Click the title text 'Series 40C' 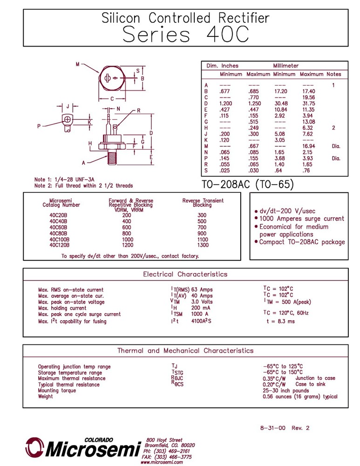185,34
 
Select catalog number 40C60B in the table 58,227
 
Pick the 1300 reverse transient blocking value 203,245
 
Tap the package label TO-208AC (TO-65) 248,185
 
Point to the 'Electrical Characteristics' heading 185,274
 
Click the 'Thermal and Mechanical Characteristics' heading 185,350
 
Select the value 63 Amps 202,290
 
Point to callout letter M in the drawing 77,64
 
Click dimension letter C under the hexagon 112,99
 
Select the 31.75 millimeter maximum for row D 308,103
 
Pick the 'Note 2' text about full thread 83,185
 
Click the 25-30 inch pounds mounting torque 285,391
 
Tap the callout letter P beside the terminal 39,126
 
